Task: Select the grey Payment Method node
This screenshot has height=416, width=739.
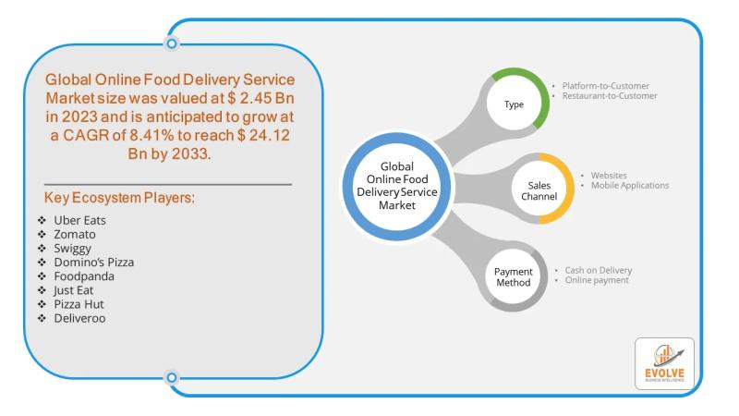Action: click(513, 275)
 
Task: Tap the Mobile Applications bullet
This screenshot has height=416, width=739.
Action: click(624, 185)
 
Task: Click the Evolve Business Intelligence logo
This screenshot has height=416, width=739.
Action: click(664, 363)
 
